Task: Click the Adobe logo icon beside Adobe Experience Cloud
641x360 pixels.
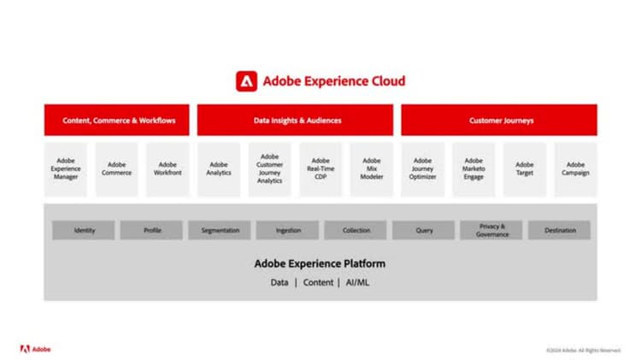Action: pos(246,81)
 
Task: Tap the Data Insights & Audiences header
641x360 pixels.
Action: pos(296,121)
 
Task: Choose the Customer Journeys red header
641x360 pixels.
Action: pos(500,121)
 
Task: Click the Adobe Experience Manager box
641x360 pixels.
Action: pos(66,169)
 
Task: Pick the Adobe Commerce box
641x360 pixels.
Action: pos(117,169)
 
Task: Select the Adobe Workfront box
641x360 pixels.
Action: pos(168,169)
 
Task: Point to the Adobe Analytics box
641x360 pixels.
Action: pos(219,169)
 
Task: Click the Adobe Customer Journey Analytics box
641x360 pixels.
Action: pos(269,169)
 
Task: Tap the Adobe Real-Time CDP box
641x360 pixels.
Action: pos(320,169)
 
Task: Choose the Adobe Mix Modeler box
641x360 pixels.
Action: pos(372,169)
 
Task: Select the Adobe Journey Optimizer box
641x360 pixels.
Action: pos(423,169)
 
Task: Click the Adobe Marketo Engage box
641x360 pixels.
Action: pos(473,169)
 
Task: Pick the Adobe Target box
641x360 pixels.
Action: pos(525,169)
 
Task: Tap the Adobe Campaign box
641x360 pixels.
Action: pos(576,169)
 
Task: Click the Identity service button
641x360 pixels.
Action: pos(84,230)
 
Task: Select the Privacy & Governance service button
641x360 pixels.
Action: pos(492,230)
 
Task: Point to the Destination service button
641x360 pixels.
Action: pos(560,230)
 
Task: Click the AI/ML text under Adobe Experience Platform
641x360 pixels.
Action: pos(357,282)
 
